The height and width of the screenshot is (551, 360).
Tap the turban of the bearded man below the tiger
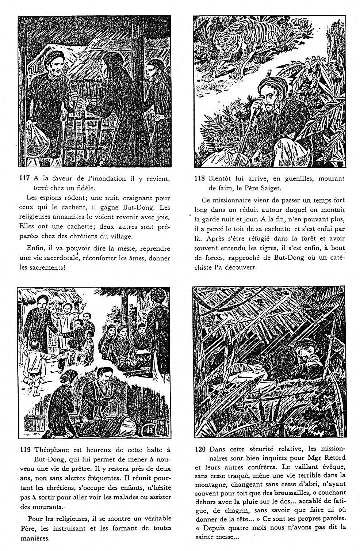click(270, 86)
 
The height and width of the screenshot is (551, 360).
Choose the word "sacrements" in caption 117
click(41, 267)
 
